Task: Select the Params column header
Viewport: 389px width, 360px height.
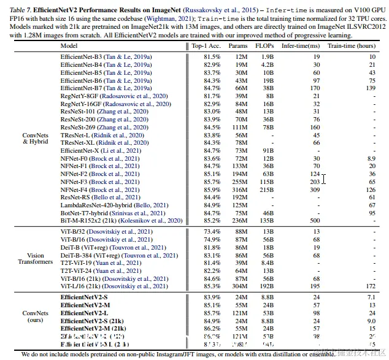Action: pyautogui.click(x=239, y=45)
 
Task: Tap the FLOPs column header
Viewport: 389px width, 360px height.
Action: pyautogui.click(x=268, y=45)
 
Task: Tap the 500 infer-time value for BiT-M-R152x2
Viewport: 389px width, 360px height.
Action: pyautogui.click(x=315, y=220)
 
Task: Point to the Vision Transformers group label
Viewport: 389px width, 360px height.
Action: pyautogui.click(x=36, y=259)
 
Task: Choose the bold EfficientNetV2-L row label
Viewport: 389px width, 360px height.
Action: pyautogui.click(x=85, y=312)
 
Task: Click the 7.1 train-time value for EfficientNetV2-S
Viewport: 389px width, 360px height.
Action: pyautogui.click(x=371, y=297)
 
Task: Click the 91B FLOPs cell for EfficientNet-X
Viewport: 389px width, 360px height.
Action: pyautogui.click(x=268, y=150)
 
